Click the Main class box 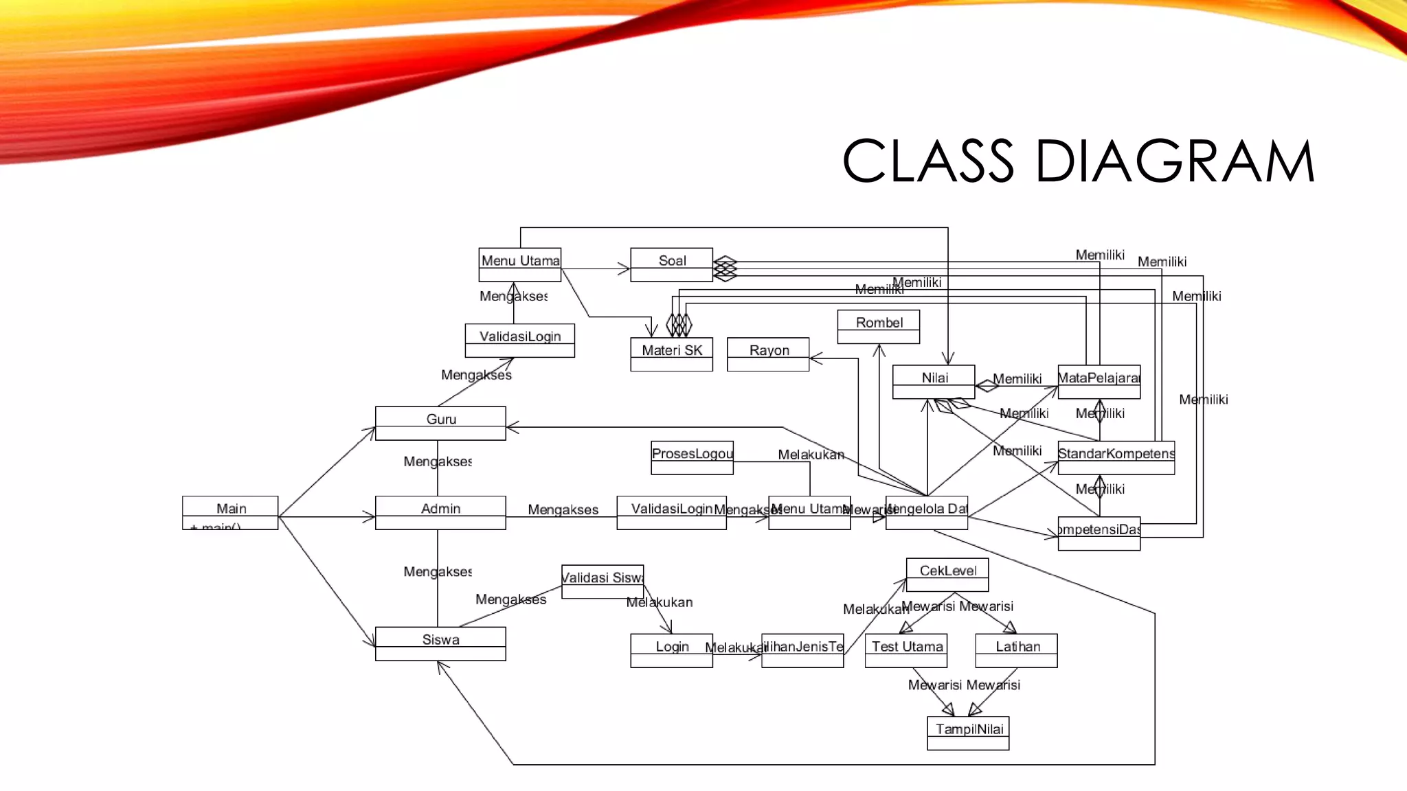(230, 512)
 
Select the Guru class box (440, 423)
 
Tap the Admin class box (440, 512)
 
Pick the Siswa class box (440, 643)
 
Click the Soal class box (671, 264)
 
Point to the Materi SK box (671, 354)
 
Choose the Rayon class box (768, 354)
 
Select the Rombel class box (878, 326)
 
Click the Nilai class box (934, 381)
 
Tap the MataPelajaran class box (1099, 381)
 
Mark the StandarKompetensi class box (1116, 457)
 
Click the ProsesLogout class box (692, 457)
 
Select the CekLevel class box (947, 574)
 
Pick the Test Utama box (906, 650)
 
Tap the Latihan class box (1016, 650)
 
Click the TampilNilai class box (968, 733)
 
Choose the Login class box (671, 650)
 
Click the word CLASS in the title (927, 161)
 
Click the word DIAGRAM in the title (1175, 161)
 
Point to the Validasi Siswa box (603, 581)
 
